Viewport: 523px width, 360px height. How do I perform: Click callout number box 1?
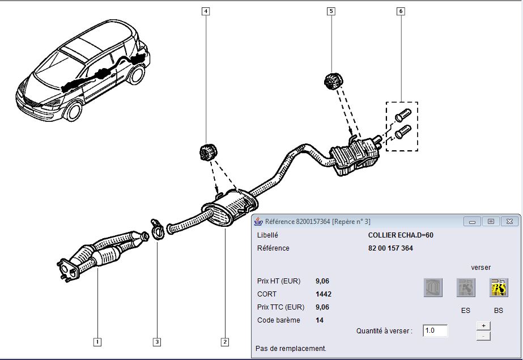click(97, 341)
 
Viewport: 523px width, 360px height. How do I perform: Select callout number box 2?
click(225, 341)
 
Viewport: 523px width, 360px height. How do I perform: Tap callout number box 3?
click(157, 341)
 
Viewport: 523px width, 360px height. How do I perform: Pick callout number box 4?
click(205, 11)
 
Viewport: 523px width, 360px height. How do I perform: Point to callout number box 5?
click(331, 11)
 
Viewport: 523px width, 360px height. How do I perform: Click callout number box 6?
click(401, 11)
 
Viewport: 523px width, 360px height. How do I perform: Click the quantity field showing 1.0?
click(435, 331)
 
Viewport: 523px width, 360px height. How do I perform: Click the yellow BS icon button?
click(499, 288)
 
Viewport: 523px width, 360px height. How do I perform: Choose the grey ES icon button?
click(466, 288)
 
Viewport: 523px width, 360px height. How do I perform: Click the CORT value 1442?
click(324, 294)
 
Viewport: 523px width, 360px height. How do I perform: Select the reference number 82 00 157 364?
click(390, 248)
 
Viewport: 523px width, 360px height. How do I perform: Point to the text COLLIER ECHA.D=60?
click(401, 235)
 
